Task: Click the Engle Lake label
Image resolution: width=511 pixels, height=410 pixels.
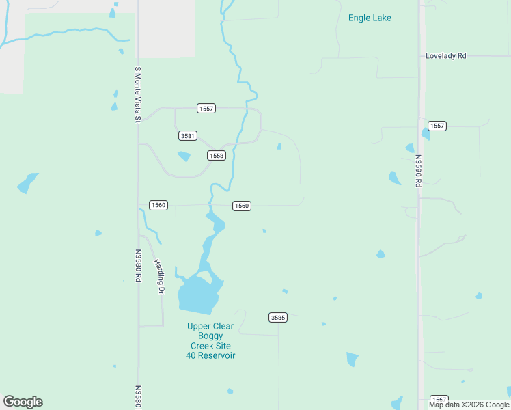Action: (370, 18)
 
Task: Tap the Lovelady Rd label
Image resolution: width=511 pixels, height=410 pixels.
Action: (445, 55)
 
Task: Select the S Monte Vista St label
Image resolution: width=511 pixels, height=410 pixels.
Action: (137, 94)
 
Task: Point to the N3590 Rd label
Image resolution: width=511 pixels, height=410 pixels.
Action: (417, 170)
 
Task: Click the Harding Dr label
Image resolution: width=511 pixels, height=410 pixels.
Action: (159, 277)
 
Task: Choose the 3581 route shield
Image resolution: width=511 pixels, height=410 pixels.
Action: (188, 136)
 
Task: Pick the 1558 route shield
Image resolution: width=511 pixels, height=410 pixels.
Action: (216, 156)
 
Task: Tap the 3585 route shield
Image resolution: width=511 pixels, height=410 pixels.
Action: (277, 317)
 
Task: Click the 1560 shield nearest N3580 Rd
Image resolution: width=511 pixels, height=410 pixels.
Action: (158, 205)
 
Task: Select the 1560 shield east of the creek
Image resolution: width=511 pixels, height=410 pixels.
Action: (241, 206)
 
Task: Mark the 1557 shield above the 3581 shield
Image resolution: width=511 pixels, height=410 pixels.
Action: (206, 109)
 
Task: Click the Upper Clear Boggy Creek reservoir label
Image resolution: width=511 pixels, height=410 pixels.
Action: (210, 341)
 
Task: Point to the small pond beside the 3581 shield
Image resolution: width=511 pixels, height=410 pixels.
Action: (184, 156)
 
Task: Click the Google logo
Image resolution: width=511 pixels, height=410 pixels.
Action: (23, 402)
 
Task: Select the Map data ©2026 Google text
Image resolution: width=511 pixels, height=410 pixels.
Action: (469, 405)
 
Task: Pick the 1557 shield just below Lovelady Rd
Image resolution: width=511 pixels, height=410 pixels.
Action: (437, 126)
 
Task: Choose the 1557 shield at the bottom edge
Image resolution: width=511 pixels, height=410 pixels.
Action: (439, 399)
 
